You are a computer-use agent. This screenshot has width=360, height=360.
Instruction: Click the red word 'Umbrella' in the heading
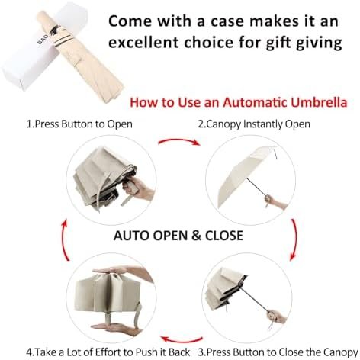[x=319, y=102]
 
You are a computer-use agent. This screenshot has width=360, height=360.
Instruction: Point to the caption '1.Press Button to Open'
[x=79, y=124]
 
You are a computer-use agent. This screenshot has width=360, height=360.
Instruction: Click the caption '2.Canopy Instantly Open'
[x=254, y=124]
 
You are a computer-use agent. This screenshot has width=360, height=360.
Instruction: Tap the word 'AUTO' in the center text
[x=131, y=236]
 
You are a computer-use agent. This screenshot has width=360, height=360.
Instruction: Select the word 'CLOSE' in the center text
[x=224, y=236]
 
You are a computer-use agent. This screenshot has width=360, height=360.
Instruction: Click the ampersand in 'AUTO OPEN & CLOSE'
[x=196, y=236]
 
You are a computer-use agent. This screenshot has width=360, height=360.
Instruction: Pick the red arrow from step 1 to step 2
[x=179, y=140]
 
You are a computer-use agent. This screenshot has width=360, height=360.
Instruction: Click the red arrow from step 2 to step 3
[x=296, y=239]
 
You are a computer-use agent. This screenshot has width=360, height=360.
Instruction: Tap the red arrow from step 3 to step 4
[x=182, y=339]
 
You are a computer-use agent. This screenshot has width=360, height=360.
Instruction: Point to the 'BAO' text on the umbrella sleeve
[x=43, y=40]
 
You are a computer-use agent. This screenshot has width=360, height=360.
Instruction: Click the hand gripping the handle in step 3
[x=276, y=317]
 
